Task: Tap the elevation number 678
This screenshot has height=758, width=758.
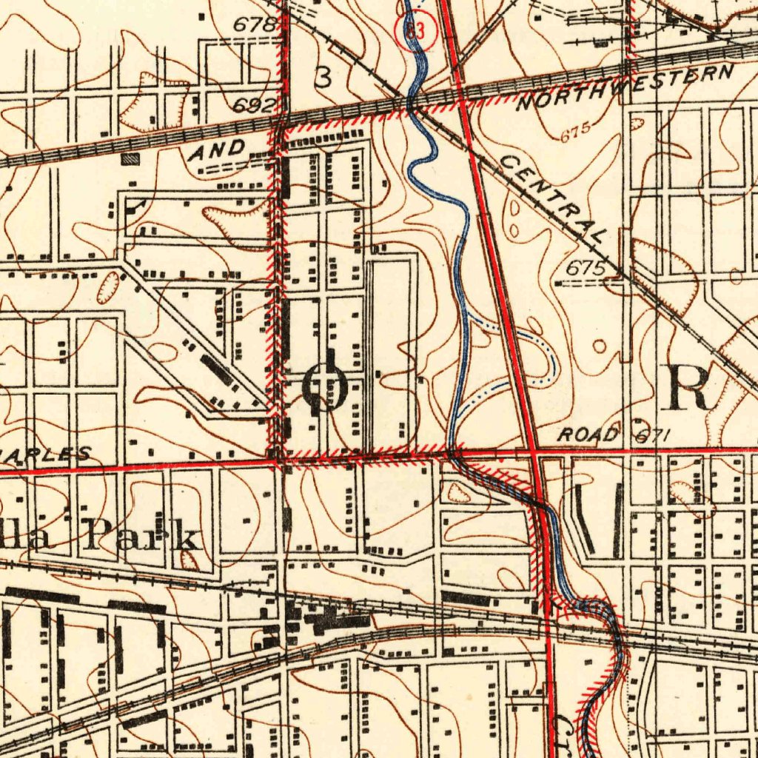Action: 255,24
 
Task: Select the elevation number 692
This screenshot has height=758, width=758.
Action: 255,105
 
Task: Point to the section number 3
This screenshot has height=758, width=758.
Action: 323,77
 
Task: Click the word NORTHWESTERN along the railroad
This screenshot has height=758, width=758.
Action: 625,88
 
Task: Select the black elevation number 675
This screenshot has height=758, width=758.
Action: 586,269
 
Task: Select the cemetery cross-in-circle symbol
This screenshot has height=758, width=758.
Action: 325,384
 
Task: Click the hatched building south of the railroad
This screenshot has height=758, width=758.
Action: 130,158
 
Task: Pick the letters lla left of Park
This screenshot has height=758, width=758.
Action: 30,536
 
